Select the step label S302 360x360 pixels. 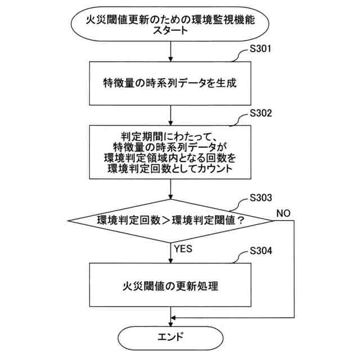260,112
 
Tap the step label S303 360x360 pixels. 260,199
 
